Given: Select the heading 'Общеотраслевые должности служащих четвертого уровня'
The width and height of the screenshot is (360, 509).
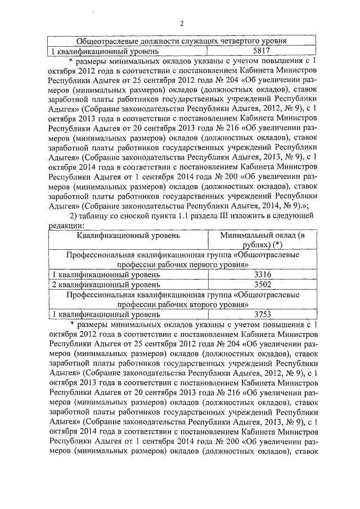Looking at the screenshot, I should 182,41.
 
